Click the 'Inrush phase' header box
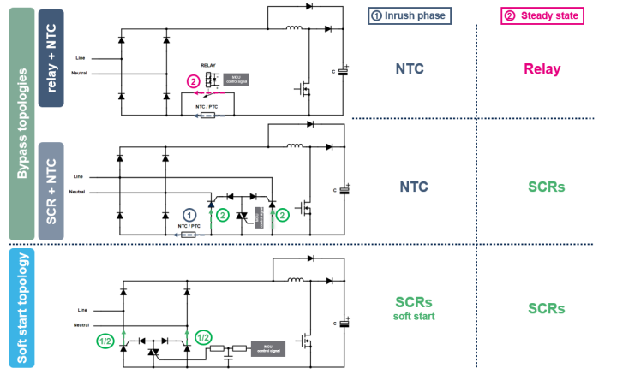pos(408,15)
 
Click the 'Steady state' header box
pos(542,15)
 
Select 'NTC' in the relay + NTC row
pos(412,69)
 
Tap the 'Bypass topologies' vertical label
pos(21,124)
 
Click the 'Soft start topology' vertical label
pos(21,308)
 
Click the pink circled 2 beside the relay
pos(192,81)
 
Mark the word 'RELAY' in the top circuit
pos(208,65)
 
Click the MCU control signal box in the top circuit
pos(236,80)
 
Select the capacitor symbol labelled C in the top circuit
pos(343,72)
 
